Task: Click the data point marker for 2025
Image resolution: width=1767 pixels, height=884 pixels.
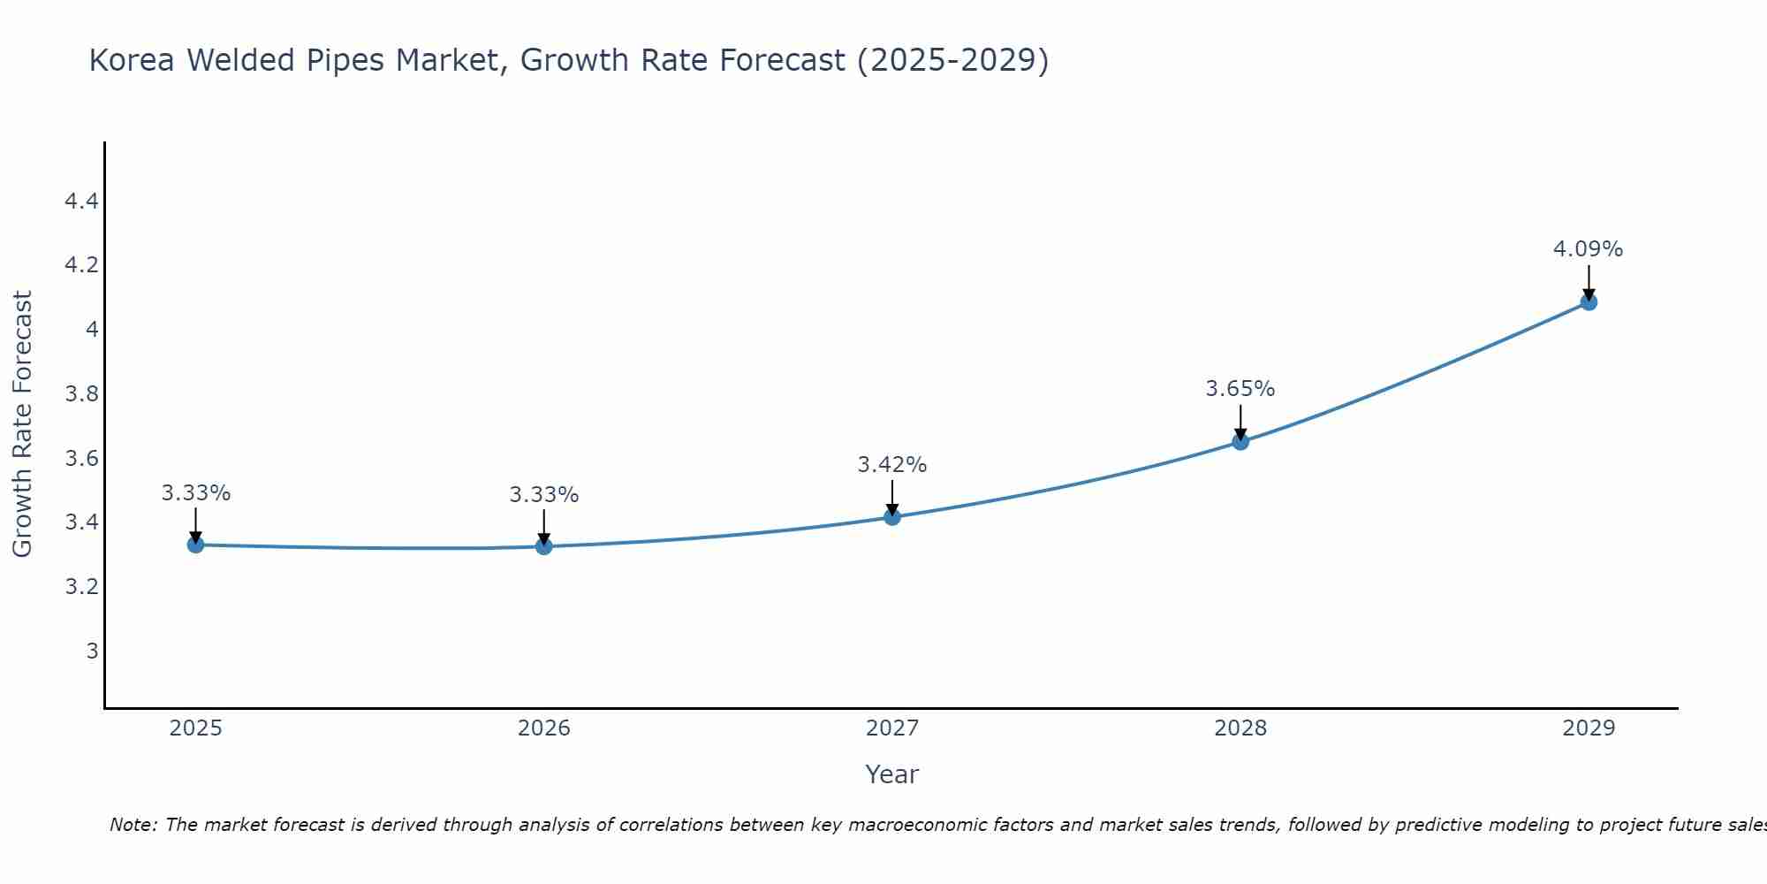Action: coord(195,545)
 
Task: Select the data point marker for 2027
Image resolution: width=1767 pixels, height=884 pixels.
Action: coord(892,516)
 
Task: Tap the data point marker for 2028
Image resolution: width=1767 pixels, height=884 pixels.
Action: coord(1240,441)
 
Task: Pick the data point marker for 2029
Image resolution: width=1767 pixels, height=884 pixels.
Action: coord(1589,302)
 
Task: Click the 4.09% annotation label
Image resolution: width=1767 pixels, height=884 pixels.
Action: coord(1588,249)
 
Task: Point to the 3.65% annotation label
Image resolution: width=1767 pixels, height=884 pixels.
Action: coord(1240,389)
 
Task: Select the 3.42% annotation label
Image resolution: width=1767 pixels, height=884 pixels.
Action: coord(891,465)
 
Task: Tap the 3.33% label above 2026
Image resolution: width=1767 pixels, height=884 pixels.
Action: coord(543,495)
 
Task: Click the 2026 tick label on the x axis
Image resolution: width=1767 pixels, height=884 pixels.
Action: coord(543,728)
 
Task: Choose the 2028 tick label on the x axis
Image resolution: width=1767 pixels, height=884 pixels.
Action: coord(1240,728)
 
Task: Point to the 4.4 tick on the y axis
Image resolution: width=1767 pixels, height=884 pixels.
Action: coord(81,202)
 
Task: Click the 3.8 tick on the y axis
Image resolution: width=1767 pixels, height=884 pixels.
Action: coord(81,394)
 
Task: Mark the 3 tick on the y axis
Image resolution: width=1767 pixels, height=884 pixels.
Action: coord(92,652)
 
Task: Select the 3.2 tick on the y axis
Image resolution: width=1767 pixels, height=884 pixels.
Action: coord(81,587)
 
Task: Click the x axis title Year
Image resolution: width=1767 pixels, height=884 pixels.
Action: coord(891,774)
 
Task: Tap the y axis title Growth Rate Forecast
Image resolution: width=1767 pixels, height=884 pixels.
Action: coord(22,424)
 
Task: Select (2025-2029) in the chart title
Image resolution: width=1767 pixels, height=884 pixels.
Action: coord(952,60)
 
